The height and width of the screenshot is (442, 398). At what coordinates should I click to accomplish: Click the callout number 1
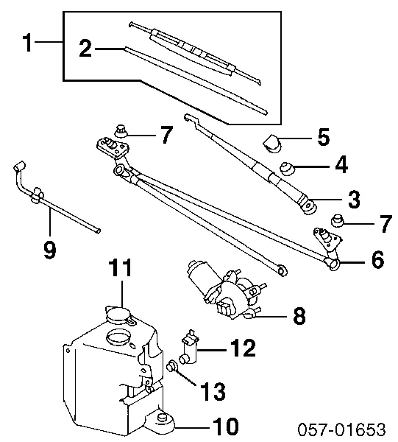click(26, 43)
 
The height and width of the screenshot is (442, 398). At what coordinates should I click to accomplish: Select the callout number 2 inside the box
click(85, 49)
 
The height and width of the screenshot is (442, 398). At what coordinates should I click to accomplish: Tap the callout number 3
click(354, 198)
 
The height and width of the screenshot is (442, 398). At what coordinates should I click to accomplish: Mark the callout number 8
click(299, 318)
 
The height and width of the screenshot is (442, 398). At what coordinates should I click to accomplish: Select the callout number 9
click(49, 250)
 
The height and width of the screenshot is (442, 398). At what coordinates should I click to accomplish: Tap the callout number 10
click(227, 425)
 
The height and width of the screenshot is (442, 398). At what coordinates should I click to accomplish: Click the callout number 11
click(120, 269)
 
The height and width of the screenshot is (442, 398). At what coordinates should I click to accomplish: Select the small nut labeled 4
click(287, 168)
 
